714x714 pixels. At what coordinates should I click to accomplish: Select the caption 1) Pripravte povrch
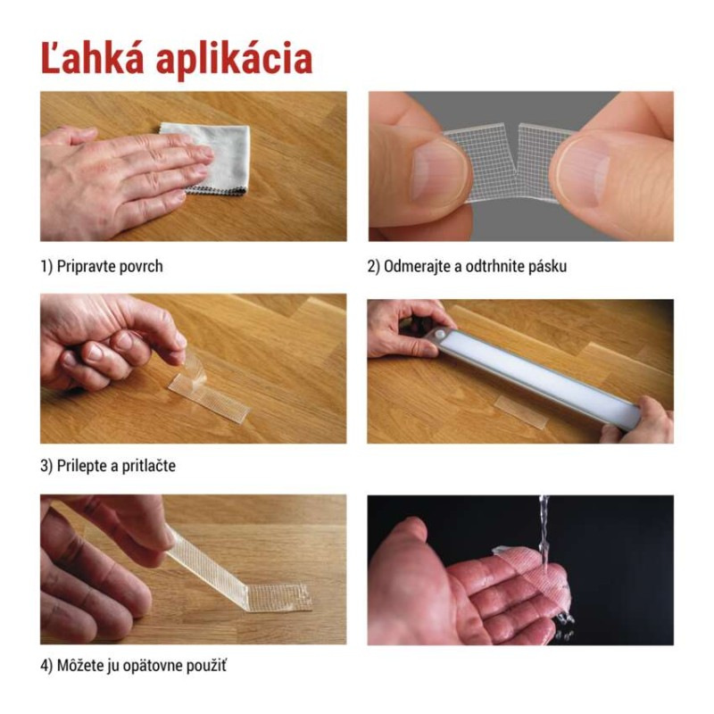tap(102, 266)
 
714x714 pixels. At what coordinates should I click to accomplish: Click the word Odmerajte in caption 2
tap(419, 266)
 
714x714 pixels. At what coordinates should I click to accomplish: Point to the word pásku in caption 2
tap(547, 266)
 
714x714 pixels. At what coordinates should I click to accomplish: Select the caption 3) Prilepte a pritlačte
tap(108, 466)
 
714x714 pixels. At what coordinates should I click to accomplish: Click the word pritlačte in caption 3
tap(145, 466)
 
